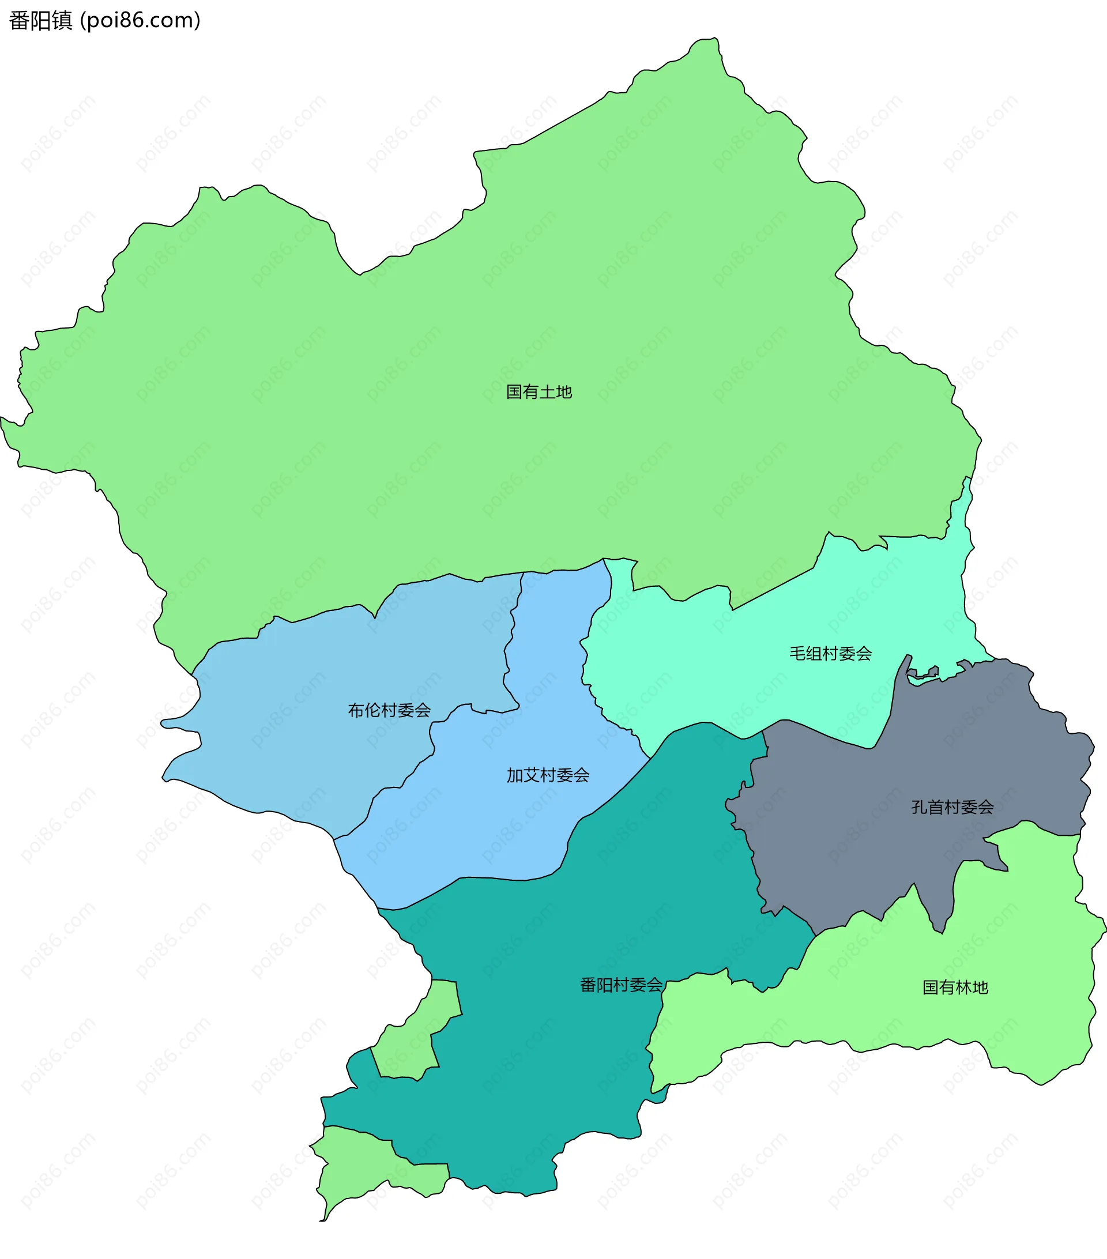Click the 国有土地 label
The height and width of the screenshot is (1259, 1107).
pyautogui.click(x=539, y=392)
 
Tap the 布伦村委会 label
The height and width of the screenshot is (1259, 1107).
pyautogui.click(x=389, y=710)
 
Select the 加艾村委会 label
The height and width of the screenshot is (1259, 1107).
pyautogui.click(x=548, y=775)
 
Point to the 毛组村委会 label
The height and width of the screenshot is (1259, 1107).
pyautogui.click(x=830, y=654)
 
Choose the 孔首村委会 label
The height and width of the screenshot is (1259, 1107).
pyautogui.click(x=952, y=807)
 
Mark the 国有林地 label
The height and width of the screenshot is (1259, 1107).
pyautogui.click(x=955, y=987)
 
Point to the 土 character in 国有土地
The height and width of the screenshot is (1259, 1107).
pyautogui.click(x=548, y=392)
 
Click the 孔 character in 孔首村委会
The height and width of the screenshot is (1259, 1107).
pyautogui.click(x=920, y=807)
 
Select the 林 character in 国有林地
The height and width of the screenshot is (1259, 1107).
pyautogui.click(x=963, y=987)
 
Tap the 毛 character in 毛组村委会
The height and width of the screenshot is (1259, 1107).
pyautogui.click(x=798, y=654)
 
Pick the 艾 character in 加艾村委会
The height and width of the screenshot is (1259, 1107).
pyautogui.click(x=531, y=775)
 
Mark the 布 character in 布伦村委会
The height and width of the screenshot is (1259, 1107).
pyautogui.click(x=356, y=710)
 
